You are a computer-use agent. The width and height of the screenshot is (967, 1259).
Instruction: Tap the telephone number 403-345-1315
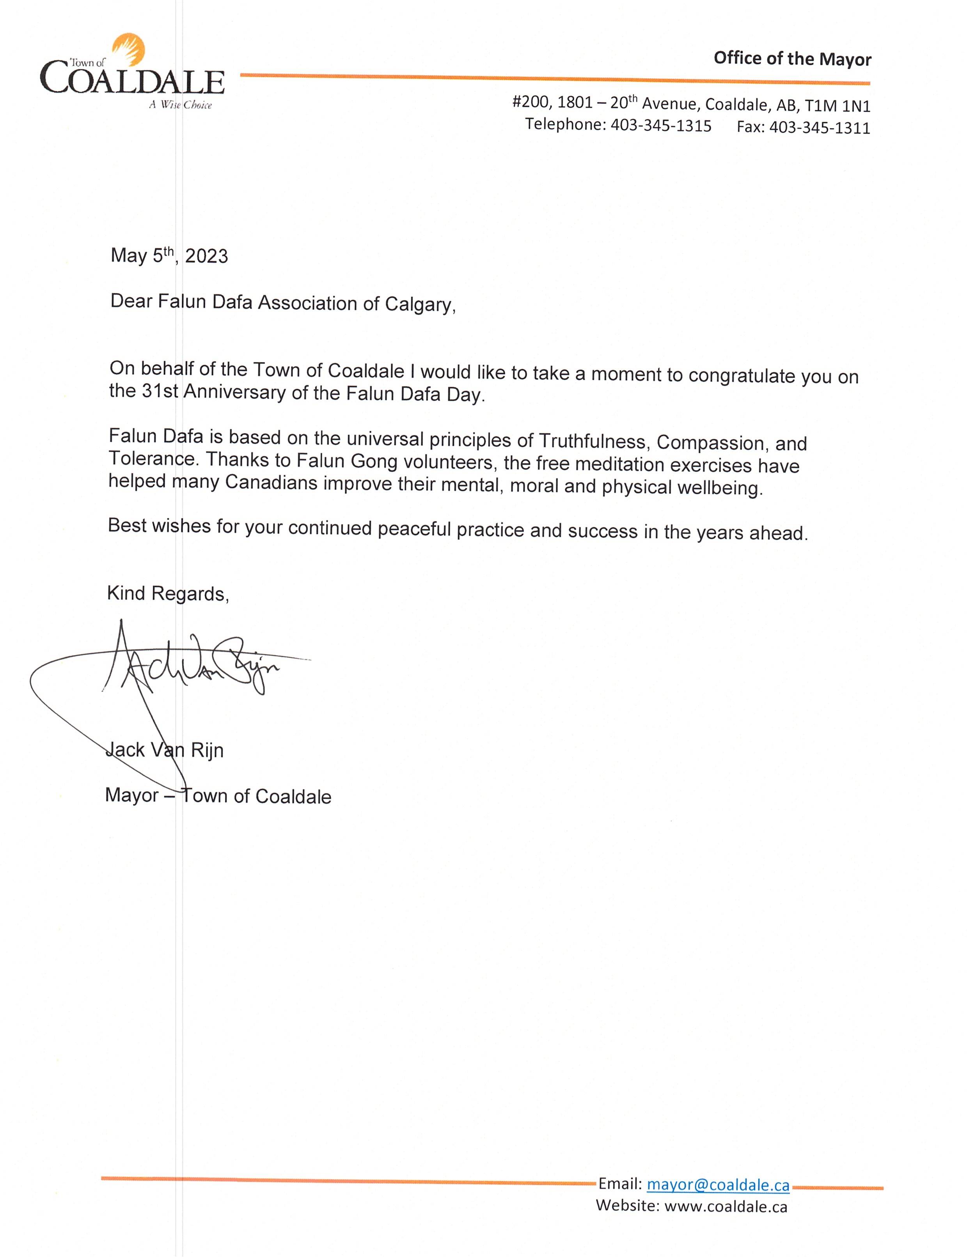point(661,126)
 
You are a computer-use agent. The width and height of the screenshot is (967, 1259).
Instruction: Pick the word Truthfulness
point(594,441)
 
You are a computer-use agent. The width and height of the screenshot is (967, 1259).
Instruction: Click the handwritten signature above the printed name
point(190,665)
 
